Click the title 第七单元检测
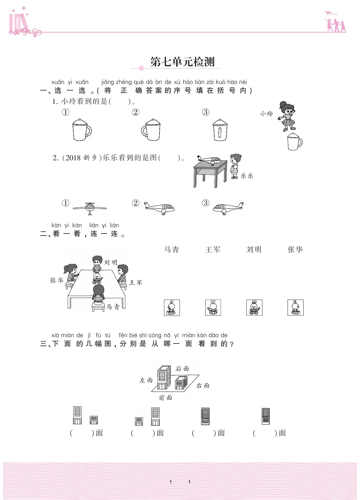(x=182, y=62)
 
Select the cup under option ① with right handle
(x=82, y=130)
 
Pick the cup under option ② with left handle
(x=151, y=130)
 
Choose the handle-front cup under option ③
(x=220, y=130)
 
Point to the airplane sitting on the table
(x=209, y=160)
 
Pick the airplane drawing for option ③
(x=228, y=208)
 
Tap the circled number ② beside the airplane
(x=135, y=203)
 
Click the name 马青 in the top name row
(x=171, y=250)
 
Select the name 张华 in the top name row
(x=295, y=250)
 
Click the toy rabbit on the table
(x=97, y=278)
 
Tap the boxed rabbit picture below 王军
(x=213, y=307)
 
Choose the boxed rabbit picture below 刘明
(x=254, y=307)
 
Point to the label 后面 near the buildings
(x=182, y=369)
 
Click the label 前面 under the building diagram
(x=165, y=398)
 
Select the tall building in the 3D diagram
(x=164, y=378)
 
